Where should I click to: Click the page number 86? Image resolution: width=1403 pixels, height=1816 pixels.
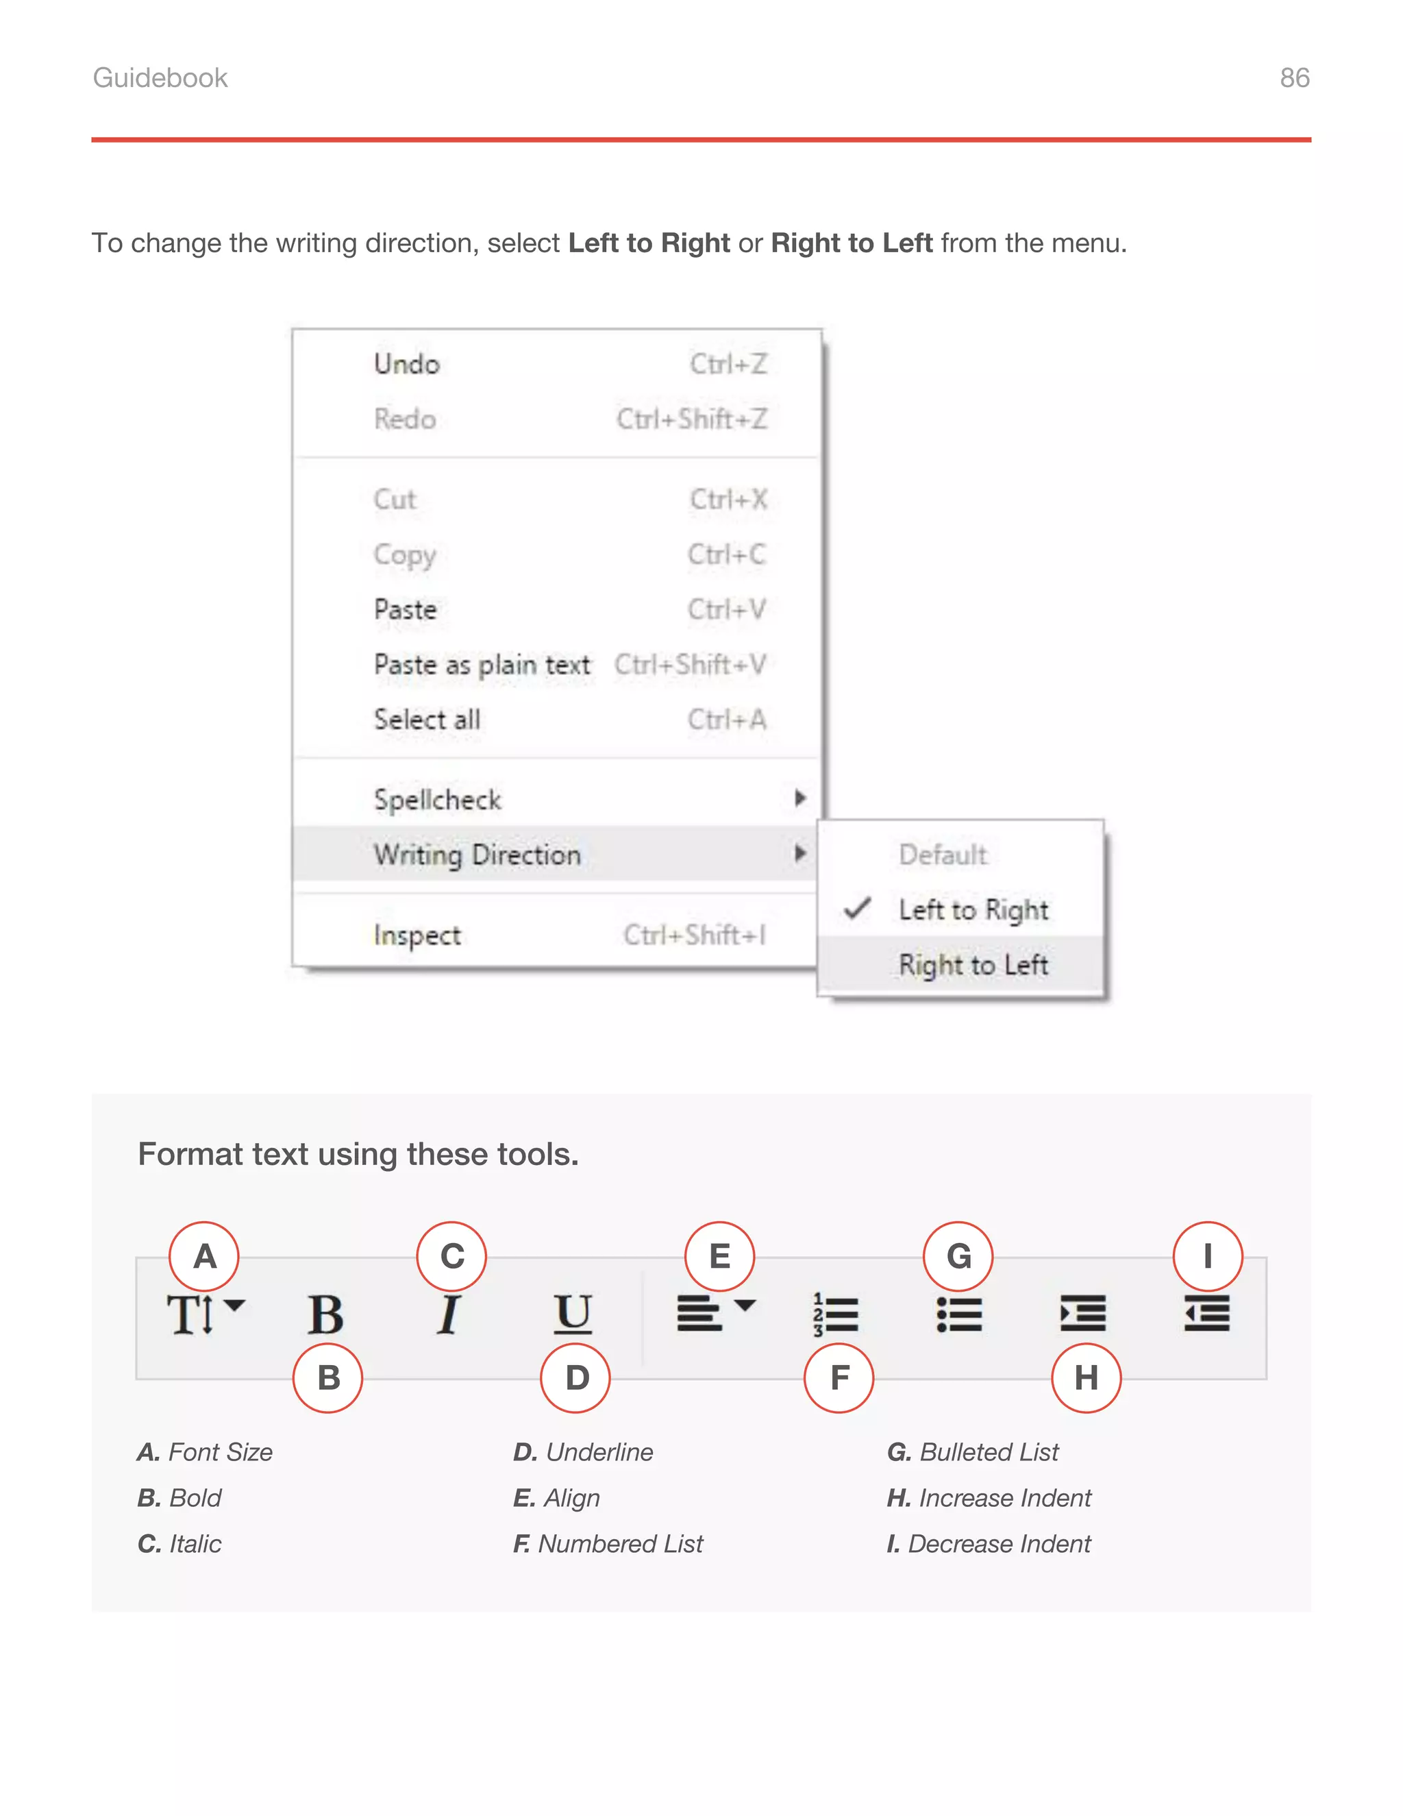coord(1294,77)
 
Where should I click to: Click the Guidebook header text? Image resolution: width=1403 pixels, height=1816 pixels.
coord(160,77)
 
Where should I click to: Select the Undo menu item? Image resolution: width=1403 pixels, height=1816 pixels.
coord(406,364)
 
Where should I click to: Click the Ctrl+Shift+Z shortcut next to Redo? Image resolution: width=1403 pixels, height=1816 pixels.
coord(691,419)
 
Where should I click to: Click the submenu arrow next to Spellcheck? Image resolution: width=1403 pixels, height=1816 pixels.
coord(799,798)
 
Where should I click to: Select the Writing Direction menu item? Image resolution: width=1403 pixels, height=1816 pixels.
coord(477,855)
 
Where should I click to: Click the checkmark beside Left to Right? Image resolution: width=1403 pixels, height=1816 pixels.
coord(857,909)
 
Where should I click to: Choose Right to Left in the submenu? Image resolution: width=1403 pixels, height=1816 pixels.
coord(973,965)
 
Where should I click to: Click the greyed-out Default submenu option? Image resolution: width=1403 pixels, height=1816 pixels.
coord(943,855)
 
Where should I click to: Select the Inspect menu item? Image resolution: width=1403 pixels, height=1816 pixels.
coord(417,935)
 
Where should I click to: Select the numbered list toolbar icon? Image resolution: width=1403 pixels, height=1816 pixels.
coord(834,1314)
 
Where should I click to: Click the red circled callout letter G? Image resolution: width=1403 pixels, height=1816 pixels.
coord(958,1256)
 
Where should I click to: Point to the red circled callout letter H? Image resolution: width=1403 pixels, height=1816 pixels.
coord(1086,1378)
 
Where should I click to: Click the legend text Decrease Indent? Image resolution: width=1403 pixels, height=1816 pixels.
coord(998,1544)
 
